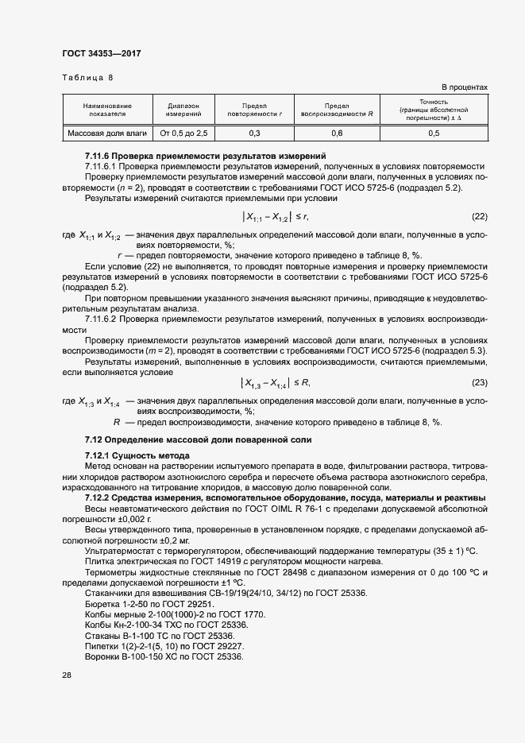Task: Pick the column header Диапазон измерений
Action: tap(183, 110)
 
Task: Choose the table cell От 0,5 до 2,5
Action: tap(183, 134)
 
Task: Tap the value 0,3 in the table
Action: tap(254, 134)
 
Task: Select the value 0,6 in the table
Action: tap(337, 134)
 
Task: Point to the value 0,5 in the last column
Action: tap(434, 134)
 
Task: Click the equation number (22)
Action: tap(479, 216)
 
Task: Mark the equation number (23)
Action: tap(479, 383)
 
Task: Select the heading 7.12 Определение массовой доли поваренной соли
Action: tap(199, 439)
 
